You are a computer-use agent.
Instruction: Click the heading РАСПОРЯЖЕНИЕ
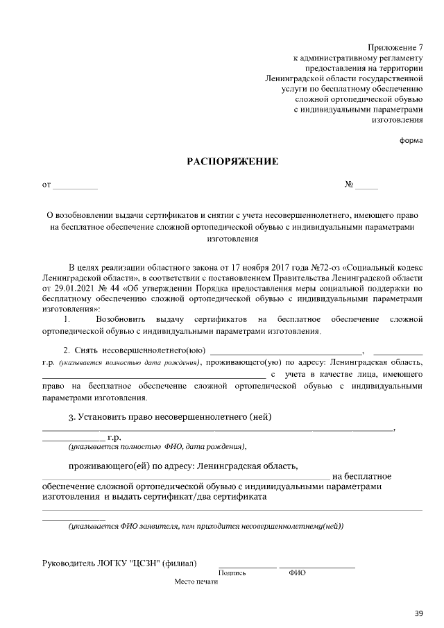click(232, 162)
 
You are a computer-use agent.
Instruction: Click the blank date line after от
click(75, 186)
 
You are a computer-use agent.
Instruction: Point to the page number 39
click(418, 612)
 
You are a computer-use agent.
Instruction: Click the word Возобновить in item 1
click(121, 319)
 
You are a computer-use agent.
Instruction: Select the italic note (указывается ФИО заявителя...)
click(205, 527)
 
